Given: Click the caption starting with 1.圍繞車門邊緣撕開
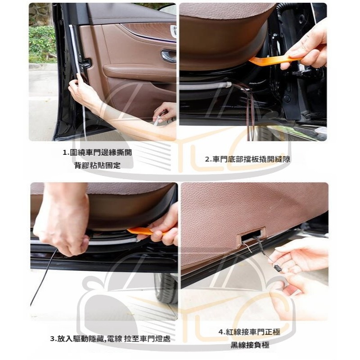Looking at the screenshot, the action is [x=97, y=153].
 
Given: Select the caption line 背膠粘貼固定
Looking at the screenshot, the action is [x=97, y=166].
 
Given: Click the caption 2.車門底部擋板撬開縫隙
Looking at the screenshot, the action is [x=247, y=159].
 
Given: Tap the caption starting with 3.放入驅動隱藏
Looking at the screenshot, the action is [x=110, y=339].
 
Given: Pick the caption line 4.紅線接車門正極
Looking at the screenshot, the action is [x=249, y=332].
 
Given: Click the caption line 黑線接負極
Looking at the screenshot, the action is [x=250, y=345].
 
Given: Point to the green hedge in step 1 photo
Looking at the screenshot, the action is [x=42, y=44].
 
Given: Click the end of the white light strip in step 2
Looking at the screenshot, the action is [x=229, y=85].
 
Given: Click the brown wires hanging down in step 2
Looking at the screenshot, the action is [x=247, y=110].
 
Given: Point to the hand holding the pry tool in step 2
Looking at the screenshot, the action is [x=306, y=49].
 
